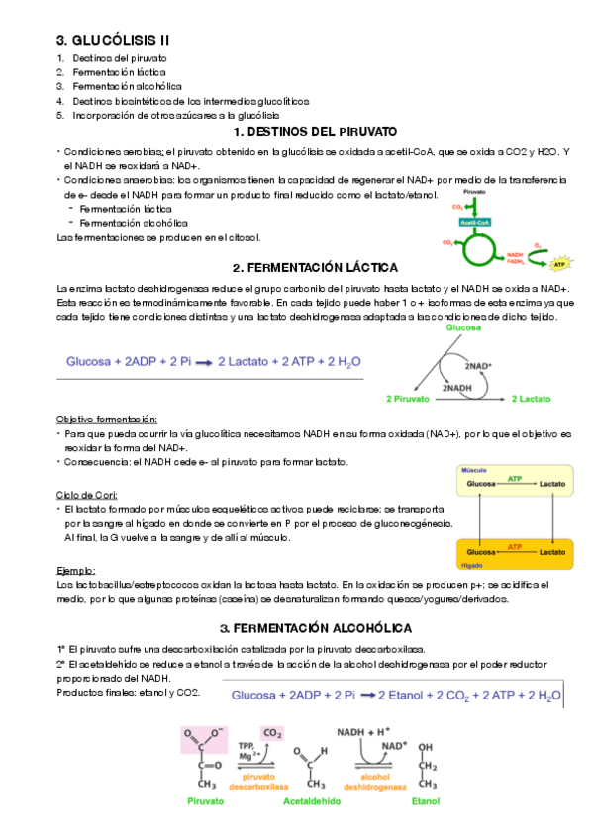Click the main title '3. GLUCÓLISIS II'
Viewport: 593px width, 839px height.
[112, 40]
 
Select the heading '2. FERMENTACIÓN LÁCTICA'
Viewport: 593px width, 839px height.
[315, 268]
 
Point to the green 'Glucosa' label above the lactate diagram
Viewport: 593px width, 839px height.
[462, 327]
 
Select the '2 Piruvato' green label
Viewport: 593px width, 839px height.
[407, 399]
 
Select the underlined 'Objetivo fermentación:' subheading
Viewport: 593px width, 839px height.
[107, 419]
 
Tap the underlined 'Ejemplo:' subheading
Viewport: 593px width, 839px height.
[76, 571]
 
